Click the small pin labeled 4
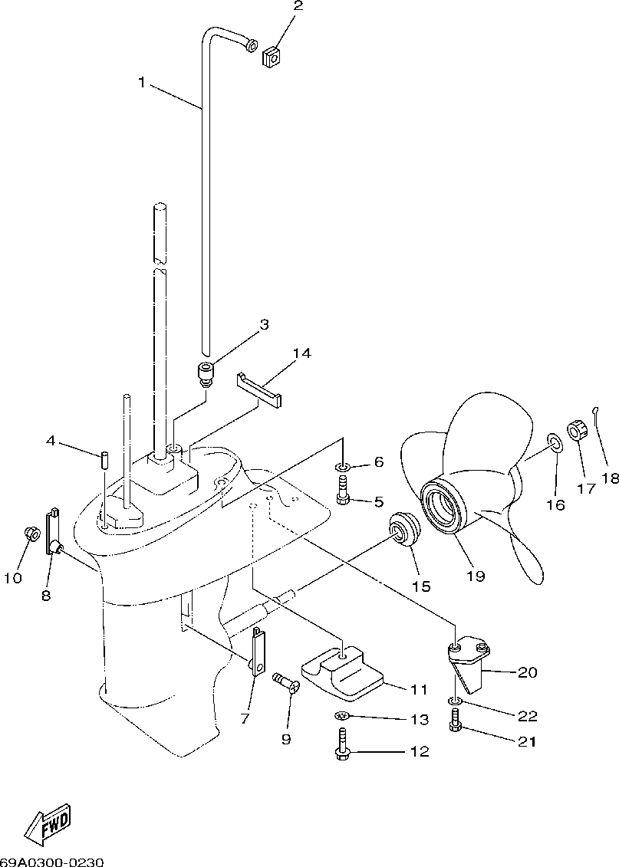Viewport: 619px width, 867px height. (x=102, y=459)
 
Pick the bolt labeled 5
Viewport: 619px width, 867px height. (x=343, y=489)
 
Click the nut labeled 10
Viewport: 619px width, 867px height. (x=31, y=533)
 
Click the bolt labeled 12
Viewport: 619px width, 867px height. (x=343, y=745)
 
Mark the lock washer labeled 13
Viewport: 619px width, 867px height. (x=342, y=716)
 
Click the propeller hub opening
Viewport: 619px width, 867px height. (x=448, y=510)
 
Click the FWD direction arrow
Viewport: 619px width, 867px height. (x=48, y=824)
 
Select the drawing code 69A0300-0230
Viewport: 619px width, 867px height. (x=51, y=861)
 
